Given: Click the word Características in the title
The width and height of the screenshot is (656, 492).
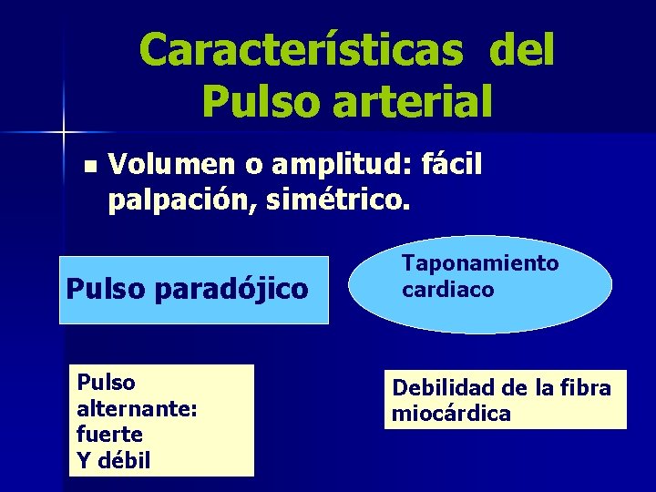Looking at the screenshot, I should coord(302,50).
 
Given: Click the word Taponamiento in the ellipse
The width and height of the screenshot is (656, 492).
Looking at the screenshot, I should coord(480,263).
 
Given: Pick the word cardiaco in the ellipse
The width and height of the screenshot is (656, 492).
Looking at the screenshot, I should coord(448,290).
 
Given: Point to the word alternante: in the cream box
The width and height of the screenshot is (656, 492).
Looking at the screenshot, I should coord(137,409).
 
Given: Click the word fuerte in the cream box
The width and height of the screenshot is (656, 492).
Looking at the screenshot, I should coord(110,435).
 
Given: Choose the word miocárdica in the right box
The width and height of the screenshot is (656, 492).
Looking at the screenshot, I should coord(451,414).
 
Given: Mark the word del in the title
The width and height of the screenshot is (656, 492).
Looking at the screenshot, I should coord(521,50).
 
